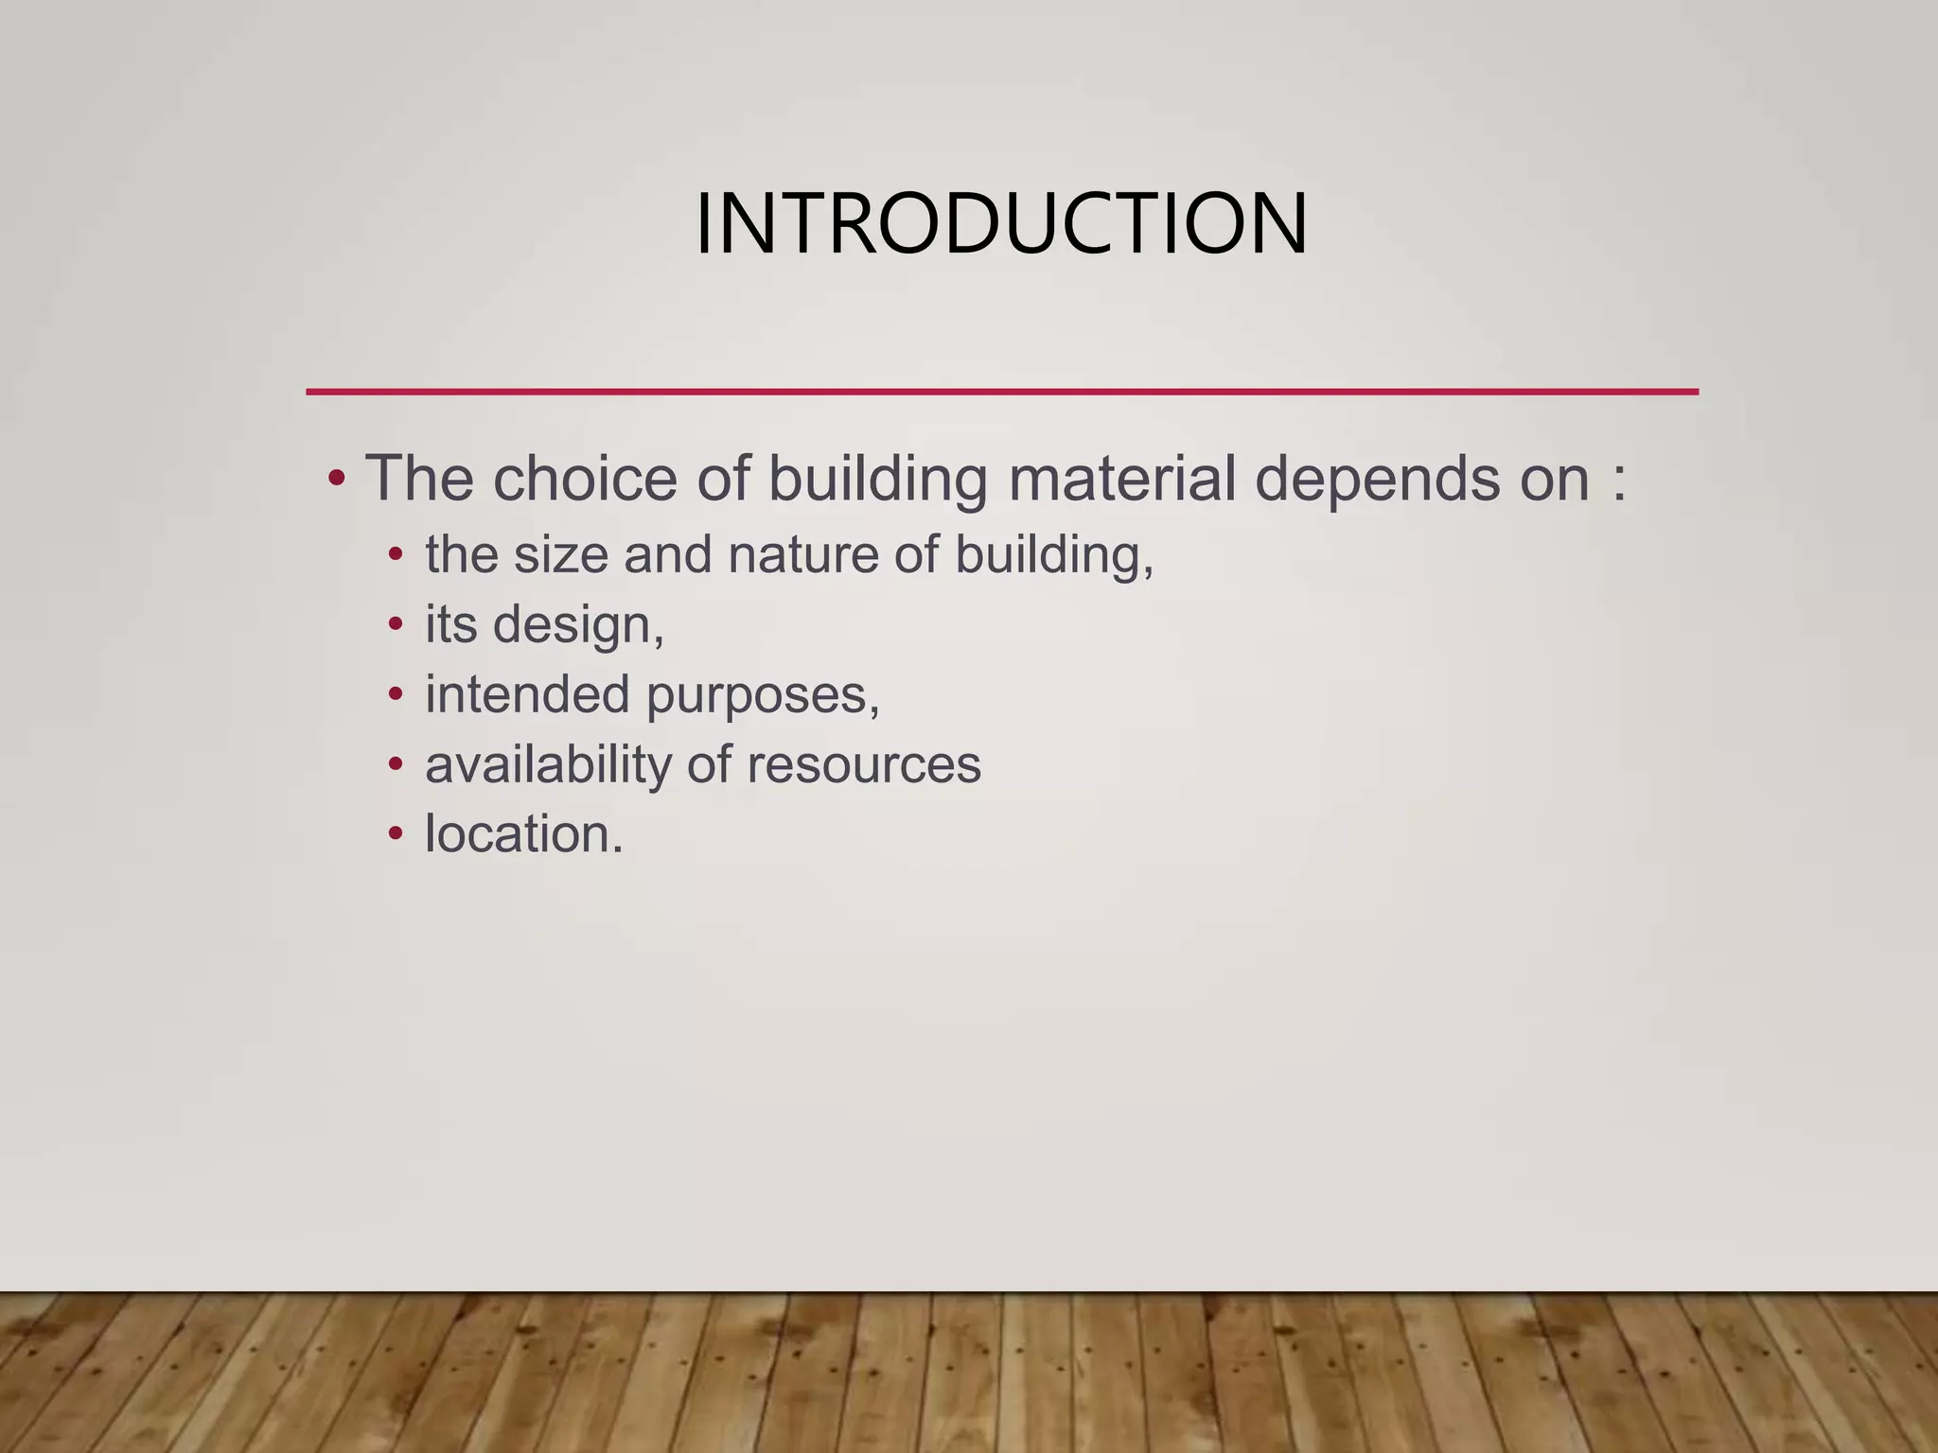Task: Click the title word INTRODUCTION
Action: (1001, 224)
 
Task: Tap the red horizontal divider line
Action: (1001, 391)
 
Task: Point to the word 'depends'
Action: (1377, 480)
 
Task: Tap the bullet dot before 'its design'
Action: (396, 624)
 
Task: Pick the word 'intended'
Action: (527, 694)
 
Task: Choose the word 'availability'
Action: (548, 764)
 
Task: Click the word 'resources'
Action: (863, 764)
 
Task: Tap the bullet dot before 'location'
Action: (396, 834)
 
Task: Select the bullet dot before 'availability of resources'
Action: (396, 764)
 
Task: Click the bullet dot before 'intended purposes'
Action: (396, 694)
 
